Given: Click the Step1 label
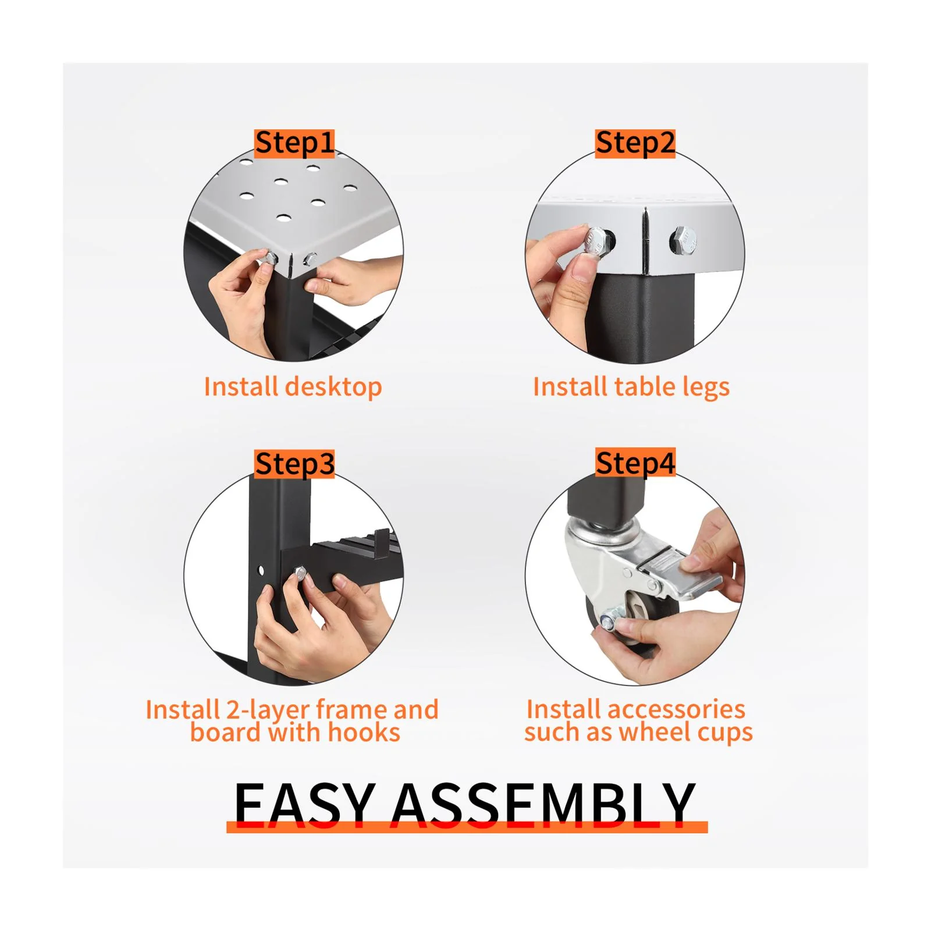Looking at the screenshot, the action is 294,144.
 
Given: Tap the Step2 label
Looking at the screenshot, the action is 635,144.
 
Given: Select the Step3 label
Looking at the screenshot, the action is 294,464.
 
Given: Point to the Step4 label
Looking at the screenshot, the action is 635,464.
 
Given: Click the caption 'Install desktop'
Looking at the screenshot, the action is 293,387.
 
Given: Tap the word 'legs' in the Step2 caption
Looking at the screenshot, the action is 706,388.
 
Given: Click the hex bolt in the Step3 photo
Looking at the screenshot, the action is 300,574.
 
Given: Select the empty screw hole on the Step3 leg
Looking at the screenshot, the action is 261,570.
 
